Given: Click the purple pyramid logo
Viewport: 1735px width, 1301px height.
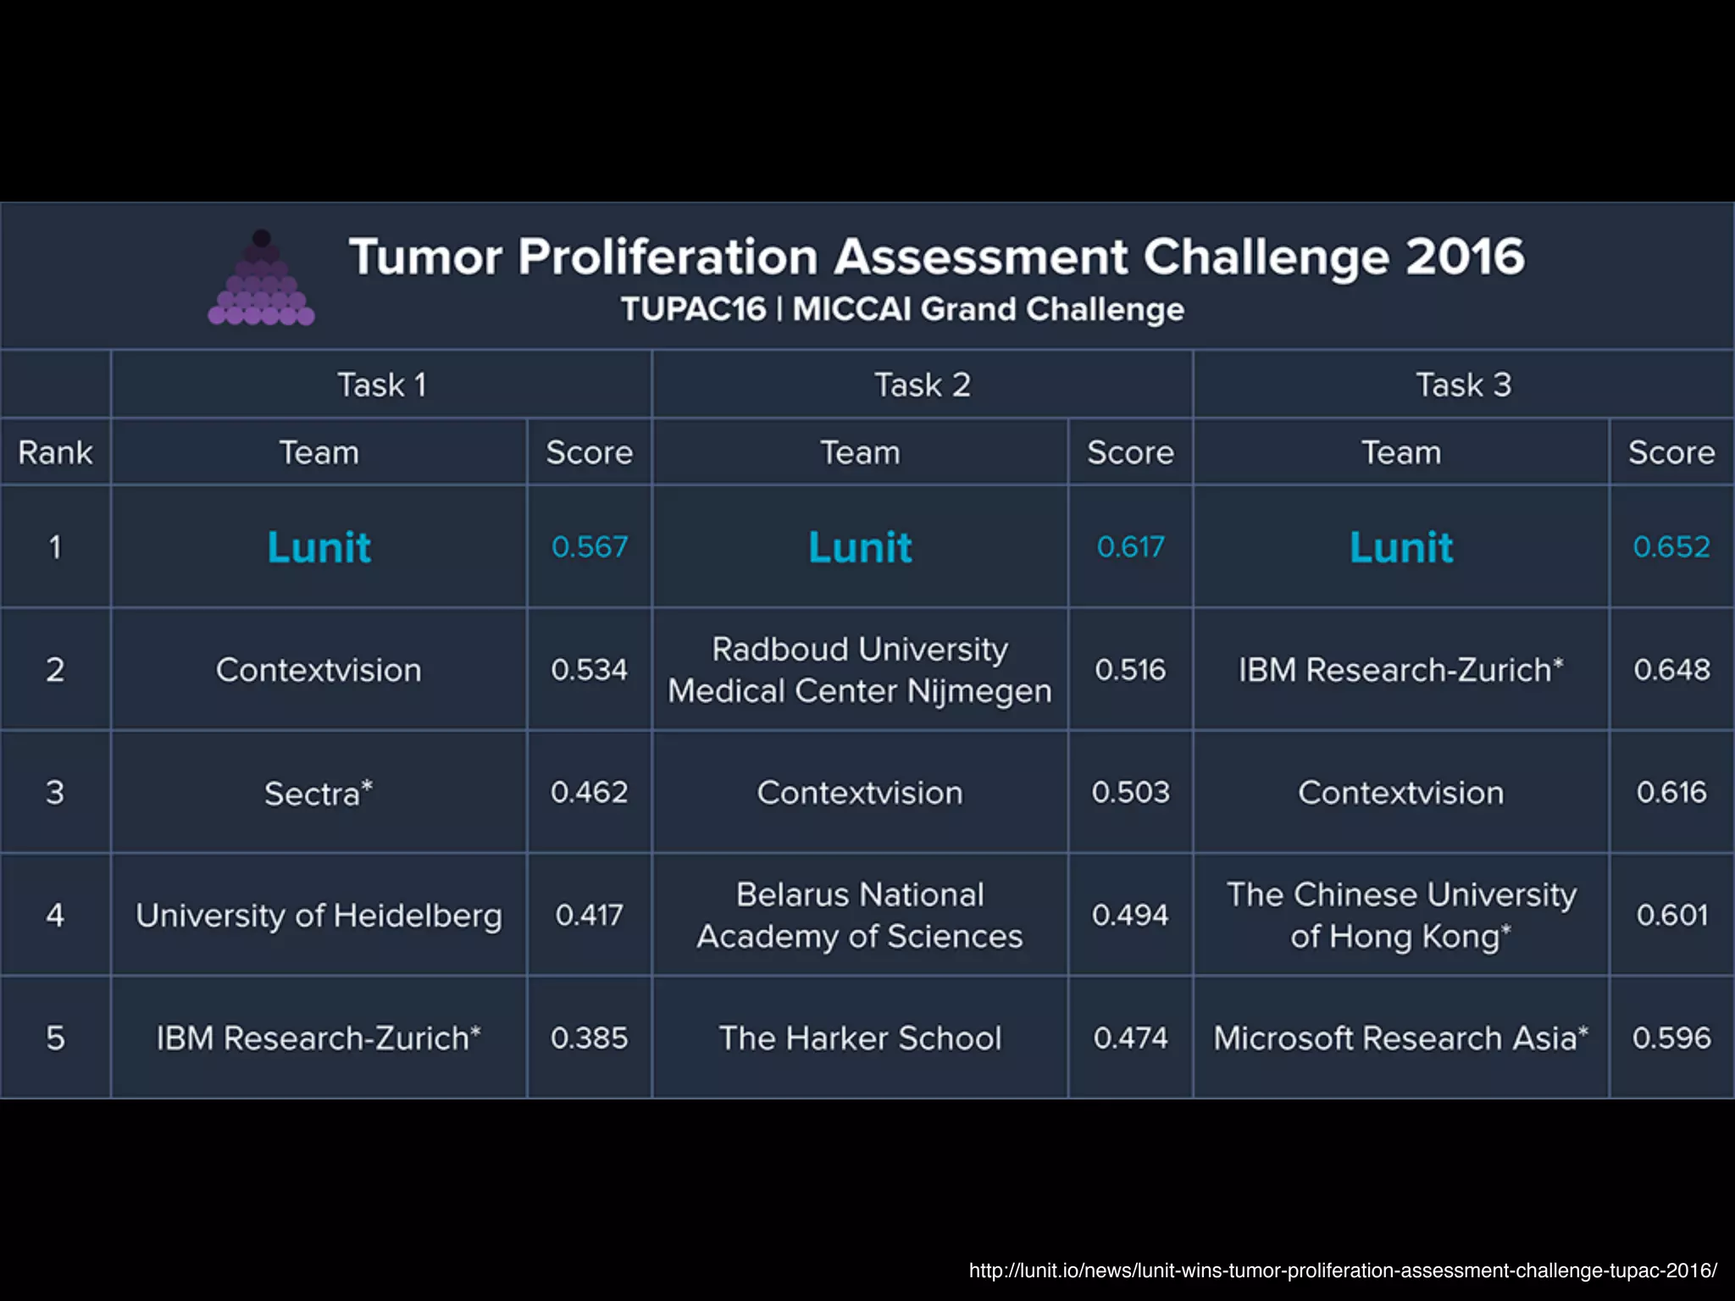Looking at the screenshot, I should [261, 280].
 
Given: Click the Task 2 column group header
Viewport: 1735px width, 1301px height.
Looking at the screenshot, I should [922, 385].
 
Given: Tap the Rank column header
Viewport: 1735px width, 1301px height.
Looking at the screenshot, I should [55, 452].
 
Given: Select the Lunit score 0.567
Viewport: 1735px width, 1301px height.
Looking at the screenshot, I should [590, 547].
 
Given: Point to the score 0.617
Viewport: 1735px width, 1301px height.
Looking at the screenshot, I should [1130, 547].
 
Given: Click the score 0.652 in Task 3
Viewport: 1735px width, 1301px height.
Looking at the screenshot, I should [1671, 547].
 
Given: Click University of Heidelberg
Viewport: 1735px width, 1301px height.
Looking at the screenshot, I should [319, 916].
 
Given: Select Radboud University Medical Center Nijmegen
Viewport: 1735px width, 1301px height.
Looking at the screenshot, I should [860, 670].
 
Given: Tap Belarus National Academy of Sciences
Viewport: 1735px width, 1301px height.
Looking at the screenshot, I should [860, 916].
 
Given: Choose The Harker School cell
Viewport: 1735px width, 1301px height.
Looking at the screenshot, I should [860, 1038].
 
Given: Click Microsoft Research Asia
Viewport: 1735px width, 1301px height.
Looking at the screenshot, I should [1400, 1038].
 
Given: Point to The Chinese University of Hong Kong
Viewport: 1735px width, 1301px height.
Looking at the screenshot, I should [1400, 916].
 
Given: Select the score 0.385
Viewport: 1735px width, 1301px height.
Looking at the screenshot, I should [590, 1038].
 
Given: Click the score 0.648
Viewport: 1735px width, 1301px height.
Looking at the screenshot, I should [1671, 670].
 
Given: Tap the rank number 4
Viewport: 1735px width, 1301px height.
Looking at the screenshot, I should [55, 916].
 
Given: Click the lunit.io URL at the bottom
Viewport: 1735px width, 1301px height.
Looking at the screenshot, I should [1343, 1271].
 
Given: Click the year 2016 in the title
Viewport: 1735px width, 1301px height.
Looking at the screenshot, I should [1465, 257].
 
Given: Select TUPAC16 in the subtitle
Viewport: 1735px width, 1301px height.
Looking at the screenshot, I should [693, 310].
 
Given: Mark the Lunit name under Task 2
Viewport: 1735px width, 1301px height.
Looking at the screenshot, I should [860, 547].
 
